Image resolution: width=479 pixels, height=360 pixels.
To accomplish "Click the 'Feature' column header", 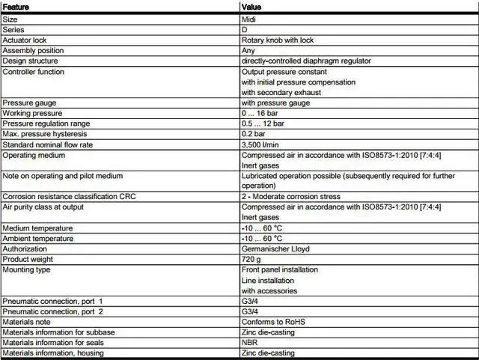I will pyautogui.click(x=17, y=7).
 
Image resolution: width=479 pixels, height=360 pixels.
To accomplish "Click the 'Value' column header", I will pyautogui.click(x=251, y=7).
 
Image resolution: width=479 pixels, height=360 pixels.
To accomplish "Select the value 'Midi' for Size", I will pyautogui.click(x=250, y=19).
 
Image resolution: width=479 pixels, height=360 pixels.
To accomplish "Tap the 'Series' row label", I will pyautogui.click(x=14, y=30).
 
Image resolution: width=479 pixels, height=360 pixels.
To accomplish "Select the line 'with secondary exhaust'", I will pyautogui.click(x=281, y=93).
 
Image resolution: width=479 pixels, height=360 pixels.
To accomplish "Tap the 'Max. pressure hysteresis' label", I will pyautogui.click(x=46, y=134).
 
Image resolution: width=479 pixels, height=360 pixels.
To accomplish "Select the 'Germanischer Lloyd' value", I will pyautogui.click(x=275, y=248).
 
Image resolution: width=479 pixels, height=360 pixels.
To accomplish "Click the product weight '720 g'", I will pyautogui.click(x=251, y=258).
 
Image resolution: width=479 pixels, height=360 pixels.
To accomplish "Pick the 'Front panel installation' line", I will pyautogui.click(x=279, y=269).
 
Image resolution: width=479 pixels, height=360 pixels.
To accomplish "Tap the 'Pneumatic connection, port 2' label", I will pyautogui.click(x=52, y=311).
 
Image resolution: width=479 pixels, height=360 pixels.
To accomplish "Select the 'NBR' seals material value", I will pyautogui.click(x=250, y=342).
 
